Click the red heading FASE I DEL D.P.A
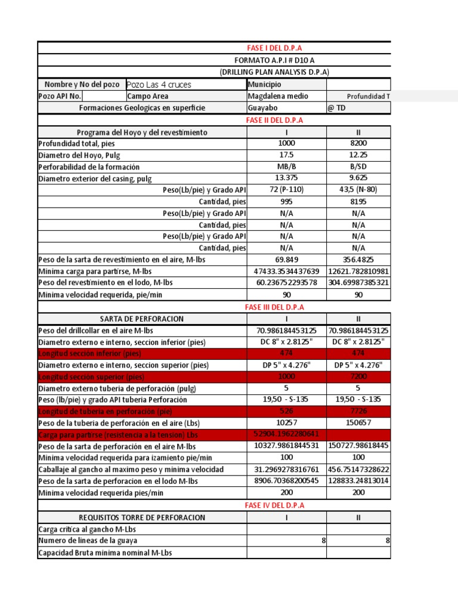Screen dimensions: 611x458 tap(274, 48)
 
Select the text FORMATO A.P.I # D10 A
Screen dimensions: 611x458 tap(274, 60)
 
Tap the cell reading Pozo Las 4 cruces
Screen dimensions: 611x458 tap(159, 85)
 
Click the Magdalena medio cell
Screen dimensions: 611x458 tap(276, 96)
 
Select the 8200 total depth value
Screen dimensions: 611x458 tap(358, 143)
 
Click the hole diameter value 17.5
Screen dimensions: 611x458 tap(286, 155)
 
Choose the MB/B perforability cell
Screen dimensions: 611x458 tap(286, 166)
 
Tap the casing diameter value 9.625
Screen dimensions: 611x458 tap(358, 178)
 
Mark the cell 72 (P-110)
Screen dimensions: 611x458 tap(286, 190)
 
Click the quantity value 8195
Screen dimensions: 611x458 tap(358, 202)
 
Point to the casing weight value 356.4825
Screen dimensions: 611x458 tap(358, 260)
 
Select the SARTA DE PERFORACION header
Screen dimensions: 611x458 tap(142, 319)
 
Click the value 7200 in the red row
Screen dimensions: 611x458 tap(358, 377)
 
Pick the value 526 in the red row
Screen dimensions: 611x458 tap(286, 411)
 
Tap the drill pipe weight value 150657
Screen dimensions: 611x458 tap(358, 423)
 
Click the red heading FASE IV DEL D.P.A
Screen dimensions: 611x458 tap(274, 505)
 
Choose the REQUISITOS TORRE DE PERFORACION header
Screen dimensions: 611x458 tap(142, 517)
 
